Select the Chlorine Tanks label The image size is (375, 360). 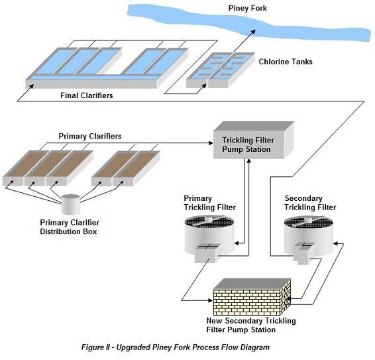285,62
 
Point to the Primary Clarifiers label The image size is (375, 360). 90,137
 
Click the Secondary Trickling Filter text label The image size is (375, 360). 309,203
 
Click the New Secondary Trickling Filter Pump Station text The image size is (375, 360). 251,325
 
